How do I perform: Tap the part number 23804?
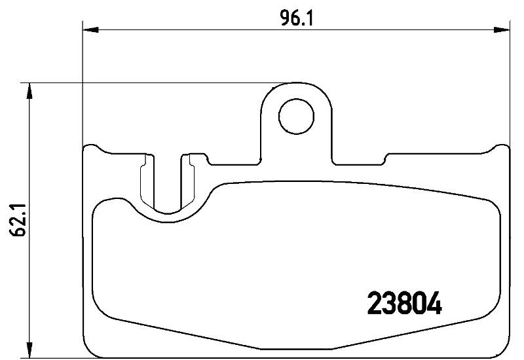pyautogui.click(x=404, y=303)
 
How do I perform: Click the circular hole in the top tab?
pyautogui.click(x=297, y=116)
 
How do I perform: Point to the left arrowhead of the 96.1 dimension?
pyautogui.click(x=91, y=30)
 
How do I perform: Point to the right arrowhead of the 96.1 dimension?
pyautogui.click(x=502, y=30)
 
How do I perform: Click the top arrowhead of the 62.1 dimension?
pyautogui.click(x=29, y=91)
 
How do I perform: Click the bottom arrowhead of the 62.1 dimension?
pyautogui.click(x=29, y=350)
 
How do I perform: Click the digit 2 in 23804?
pyautogui.click(x=374, y=303)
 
